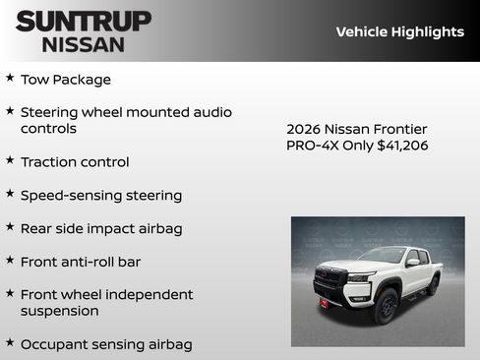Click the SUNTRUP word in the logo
pos(84,21)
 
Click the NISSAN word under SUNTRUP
pos(83,44)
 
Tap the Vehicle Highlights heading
pos(399,31)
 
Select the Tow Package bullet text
pos(66,80)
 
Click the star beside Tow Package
pos(10,78)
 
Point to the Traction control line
pos(75,162)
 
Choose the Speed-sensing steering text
pos(101,196)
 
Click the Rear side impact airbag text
pos(101,229)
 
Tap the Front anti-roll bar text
pos(81,263)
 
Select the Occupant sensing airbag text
pos(106,345)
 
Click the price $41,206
pos(403,146)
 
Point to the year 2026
pos(303,130)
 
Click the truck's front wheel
pos(385,307)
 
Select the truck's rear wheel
pos(433,285)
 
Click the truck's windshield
pos(383,256)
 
